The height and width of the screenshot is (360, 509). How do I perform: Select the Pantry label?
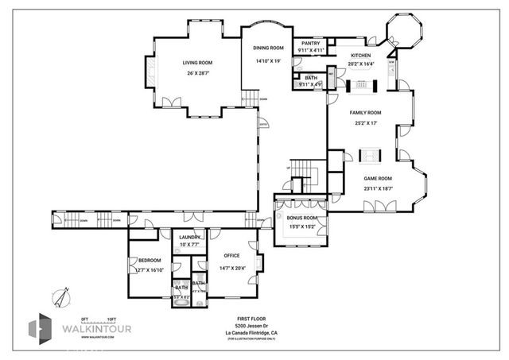pos(310,44)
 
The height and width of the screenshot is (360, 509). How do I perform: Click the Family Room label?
pos(366,113)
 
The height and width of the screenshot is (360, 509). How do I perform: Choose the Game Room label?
pos(378,179)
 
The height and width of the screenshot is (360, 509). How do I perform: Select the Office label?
pos(231,255)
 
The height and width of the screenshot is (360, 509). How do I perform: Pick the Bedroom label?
pos(149,261)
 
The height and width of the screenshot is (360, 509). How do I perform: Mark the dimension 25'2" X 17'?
pos(366,123)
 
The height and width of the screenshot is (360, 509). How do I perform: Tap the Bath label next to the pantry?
pos(310,78)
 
